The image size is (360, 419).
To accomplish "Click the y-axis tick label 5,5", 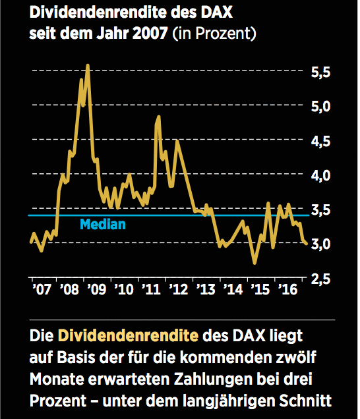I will coord(322,72).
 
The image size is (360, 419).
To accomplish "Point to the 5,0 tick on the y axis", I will coord(322,106).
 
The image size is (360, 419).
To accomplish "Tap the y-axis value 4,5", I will coord(322,141).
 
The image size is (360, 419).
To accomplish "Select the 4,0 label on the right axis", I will coord(322,175).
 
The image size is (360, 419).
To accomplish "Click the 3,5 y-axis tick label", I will coord(322,210).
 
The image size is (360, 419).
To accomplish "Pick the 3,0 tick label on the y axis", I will coord(322,244).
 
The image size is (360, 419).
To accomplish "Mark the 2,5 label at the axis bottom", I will coord(322,279).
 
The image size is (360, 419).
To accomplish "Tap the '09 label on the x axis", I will coord(96,290).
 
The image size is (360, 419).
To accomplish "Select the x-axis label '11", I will coord(152,290).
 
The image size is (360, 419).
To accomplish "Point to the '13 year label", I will coord(206,290).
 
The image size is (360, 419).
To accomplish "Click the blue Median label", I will coord(102,225).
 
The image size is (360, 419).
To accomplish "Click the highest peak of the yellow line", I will coord(88,65).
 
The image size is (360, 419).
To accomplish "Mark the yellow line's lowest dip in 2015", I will coord(255,263).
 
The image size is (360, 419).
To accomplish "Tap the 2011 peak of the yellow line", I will coord(158,117).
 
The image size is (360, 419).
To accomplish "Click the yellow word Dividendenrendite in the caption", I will coord(129,336).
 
